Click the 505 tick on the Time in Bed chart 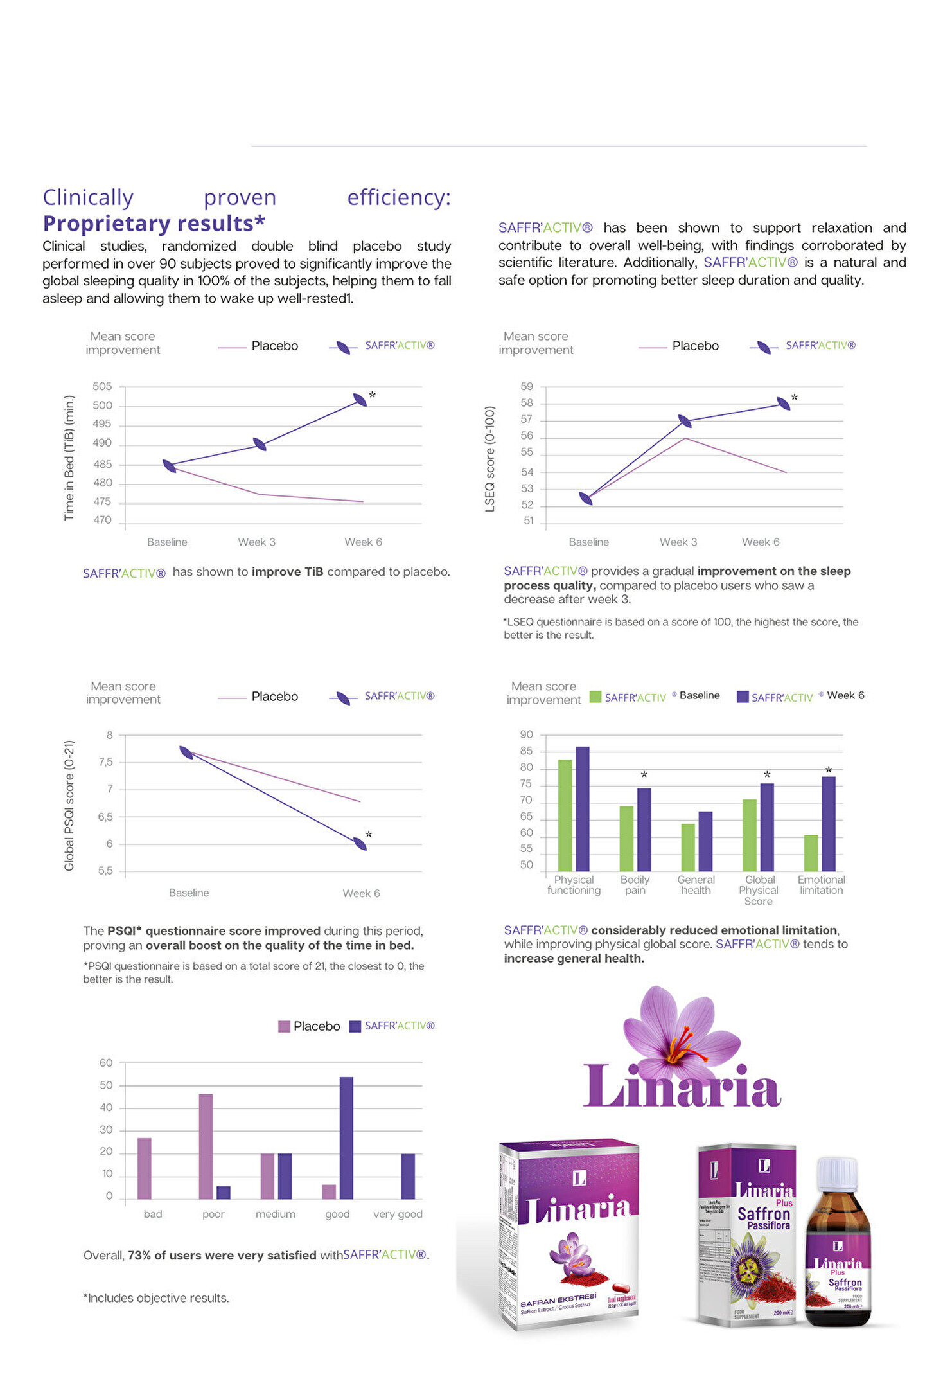click(102, 386)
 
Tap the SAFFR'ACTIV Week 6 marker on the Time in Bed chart click(360, 400)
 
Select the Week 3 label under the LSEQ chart click(678, 542)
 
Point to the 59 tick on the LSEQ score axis click(527, 386)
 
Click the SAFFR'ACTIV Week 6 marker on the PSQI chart click(360, 843)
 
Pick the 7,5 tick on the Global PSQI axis click(105, 762)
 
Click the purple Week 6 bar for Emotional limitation click(828, 823)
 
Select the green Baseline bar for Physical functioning click(565, 815)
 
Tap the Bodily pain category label click(635, 885)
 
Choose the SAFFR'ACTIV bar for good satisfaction click(346, 1137)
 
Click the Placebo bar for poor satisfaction click(206, 1146)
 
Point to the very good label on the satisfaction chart click(398, 1214)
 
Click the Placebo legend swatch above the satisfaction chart click(284, 1026)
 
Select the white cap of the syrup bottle click(836, 1172)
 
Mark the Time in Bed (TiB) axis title click(69, 457)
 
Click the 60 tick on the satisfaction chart click(106, 1063)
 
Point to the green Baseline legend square click(595, 697)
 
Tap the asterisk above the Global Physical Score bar click(767, 775)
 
